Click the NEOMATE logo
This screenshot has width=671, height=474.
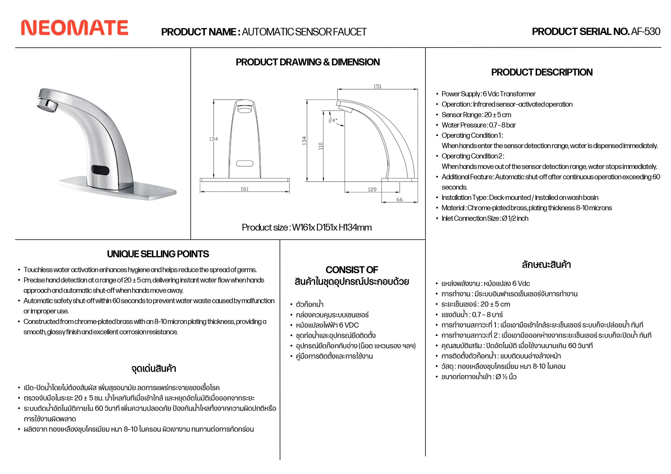click(75, 28)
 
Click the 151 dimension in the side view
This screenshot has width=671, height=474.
click(377, 86)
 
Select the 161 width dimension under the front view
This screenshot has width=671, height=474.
click(245, 189)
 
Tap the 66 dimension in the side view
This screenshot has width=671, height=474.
click(399, 200)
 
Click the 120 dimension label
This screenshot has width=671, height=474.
click(372, 190)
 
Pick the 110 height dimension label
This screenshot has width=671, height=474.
click(321, 146)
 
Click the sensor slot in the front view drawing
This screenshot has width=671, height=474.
click(245, 163)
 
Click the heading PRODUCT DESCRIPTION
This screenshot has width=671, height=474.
click(542, 72)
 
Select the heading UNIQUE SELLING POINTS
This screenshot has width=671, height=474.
click(158, 254)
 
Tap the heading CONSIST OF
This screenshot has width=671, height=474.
click(352, 269)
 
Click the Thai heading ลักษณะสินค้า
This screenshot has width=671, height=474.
click(546, 265)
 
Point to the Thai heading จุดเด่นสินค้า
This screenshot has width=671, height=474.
click(154, 368)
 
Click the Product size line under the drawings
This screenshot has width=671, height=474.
click(307, 227)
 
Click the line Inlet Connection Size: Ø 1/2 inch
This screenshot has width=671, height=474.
click(485, 218)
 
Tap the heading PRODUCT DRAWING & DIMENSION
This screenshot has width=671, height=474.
click(308, 62)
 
